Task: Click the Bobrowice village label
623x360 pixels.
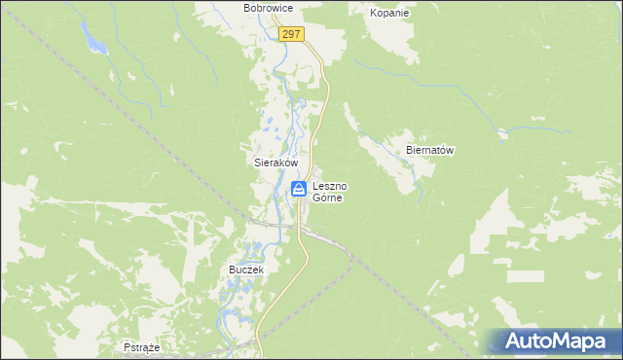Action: click(269, 8)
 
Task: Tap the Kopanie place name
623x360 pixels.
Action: click(389, 14)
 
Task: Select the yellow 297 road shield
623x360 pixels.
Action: click(292, 34)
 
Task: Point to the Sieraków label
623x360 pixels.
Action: click(270, 164)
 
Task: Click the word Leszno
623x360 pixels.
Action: click(329, 185)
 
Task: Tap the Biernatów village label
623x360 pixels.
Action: click(430, 151)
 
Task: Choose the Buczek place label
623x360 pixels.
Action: click(246, 269)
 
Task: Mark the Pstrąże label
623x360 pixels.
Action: click(142, 346)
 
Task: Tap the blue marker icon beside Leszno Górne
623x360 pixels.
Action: click(300, 188)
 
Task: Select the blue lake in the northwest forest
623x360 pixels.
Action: click(94, 41)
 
